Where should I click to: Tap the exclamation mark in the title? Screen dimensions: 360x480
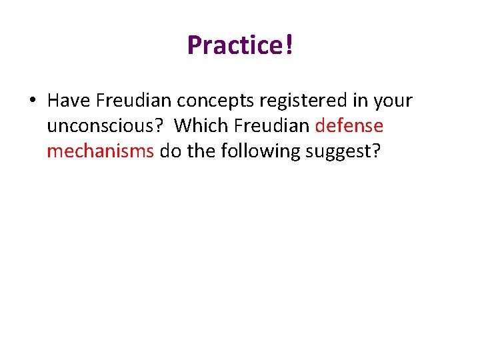click(289, 45)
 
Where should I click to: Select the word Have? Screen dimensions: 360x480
click(69, 101)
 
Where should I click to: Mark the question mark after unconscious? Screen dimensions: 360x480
click(160, 126)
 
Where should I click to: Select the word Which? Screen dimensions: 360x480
click(199, 126)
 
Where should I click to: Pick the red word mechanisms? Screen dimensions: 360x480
click(100, 151)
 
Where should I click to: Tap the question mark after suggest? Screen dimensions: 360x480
click(377, 151)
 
